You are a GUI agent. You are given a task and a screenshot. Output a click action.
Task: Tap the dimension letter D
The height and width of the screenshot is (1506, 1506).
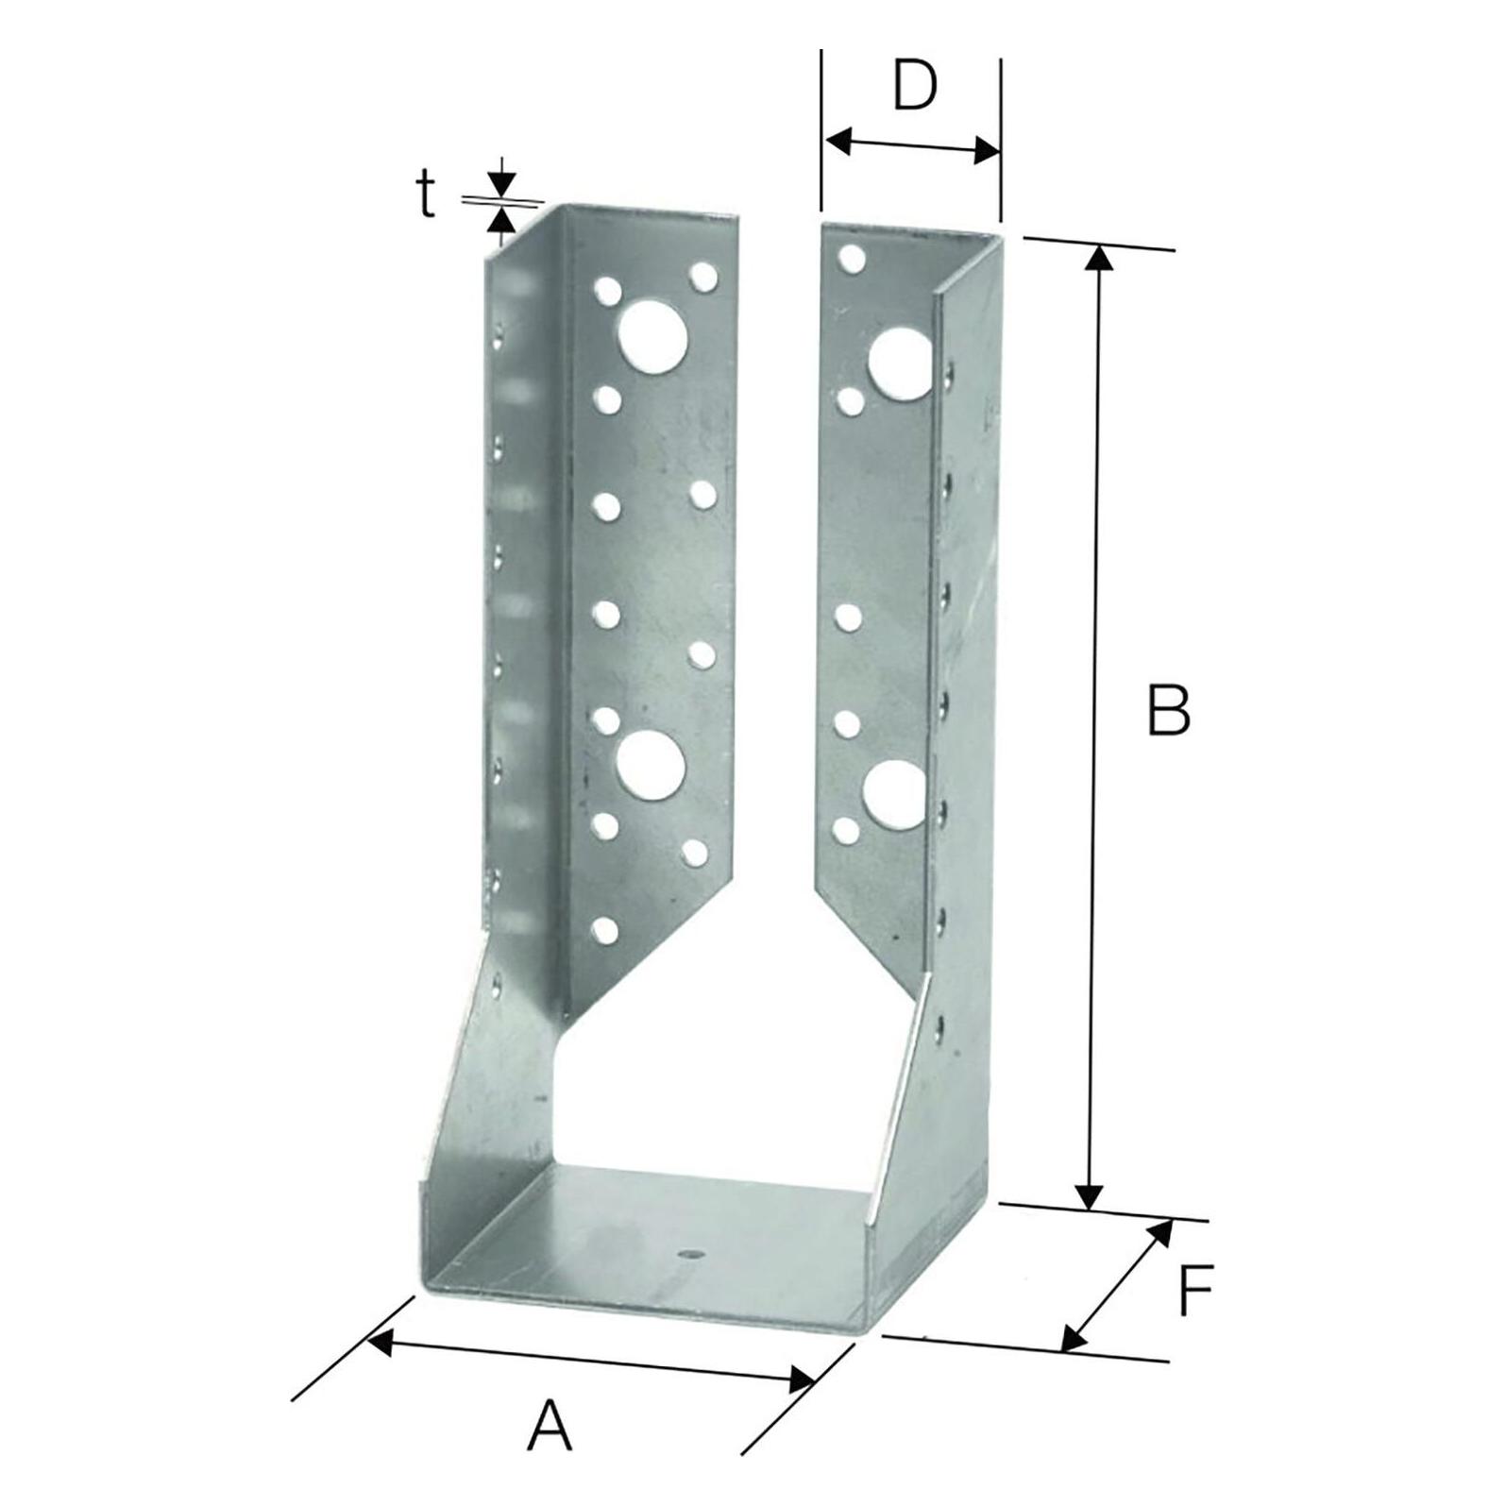click(x=913, y=86)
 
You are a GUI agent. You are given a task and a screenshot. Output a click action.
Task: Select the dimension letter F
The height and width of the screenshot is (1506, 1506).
click(x=1194, y=1290)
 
